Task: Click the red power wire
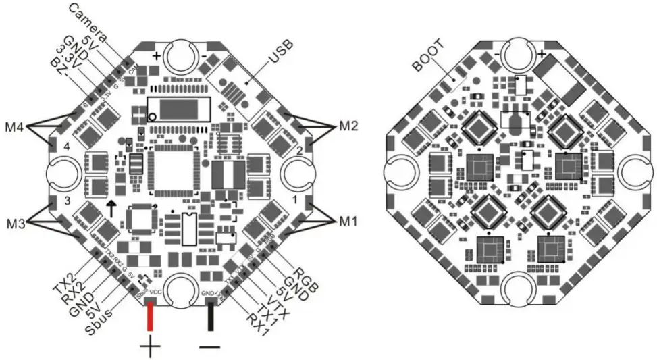[150, 317]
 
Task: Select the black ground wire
[211, 317]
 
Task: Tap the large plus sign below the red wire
[150, 349]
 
